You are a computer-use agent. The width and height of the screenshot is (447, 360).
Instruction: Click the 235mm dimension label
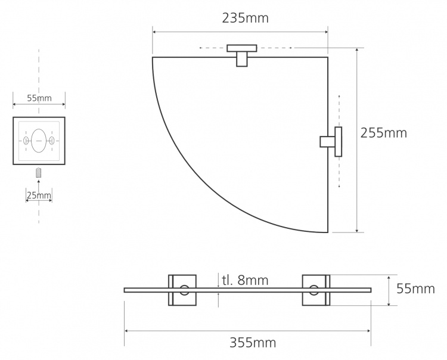click(245, 18)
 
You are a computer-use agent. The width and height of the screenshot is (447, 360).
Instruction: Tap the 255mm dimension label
click(384, 133)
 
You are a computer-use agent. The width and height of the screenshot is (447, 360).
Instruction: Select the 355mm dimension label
click(253, 342)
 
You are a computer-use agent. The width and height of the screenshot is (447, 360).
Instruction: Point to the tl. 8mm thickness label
click(245, 281)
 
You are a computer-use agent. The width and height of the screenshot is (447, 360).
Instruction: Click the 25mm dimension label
click(39, 195)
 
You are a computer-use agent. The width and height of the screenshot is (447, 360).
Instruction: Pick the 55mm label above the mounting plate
click(39, 98)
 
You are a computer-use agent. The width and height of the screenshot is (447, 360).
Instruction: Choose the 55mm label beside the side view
click(415, 289)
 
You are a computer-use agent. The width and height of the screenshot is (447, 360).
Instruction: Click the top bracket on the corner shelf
click(242, 55)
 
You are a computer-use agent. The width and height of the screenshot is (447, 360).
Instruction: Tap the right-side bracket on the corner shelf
click(331, 142)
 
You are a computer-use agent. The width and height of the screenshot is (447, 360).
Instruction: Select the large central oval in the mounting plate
click(39, 141)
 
